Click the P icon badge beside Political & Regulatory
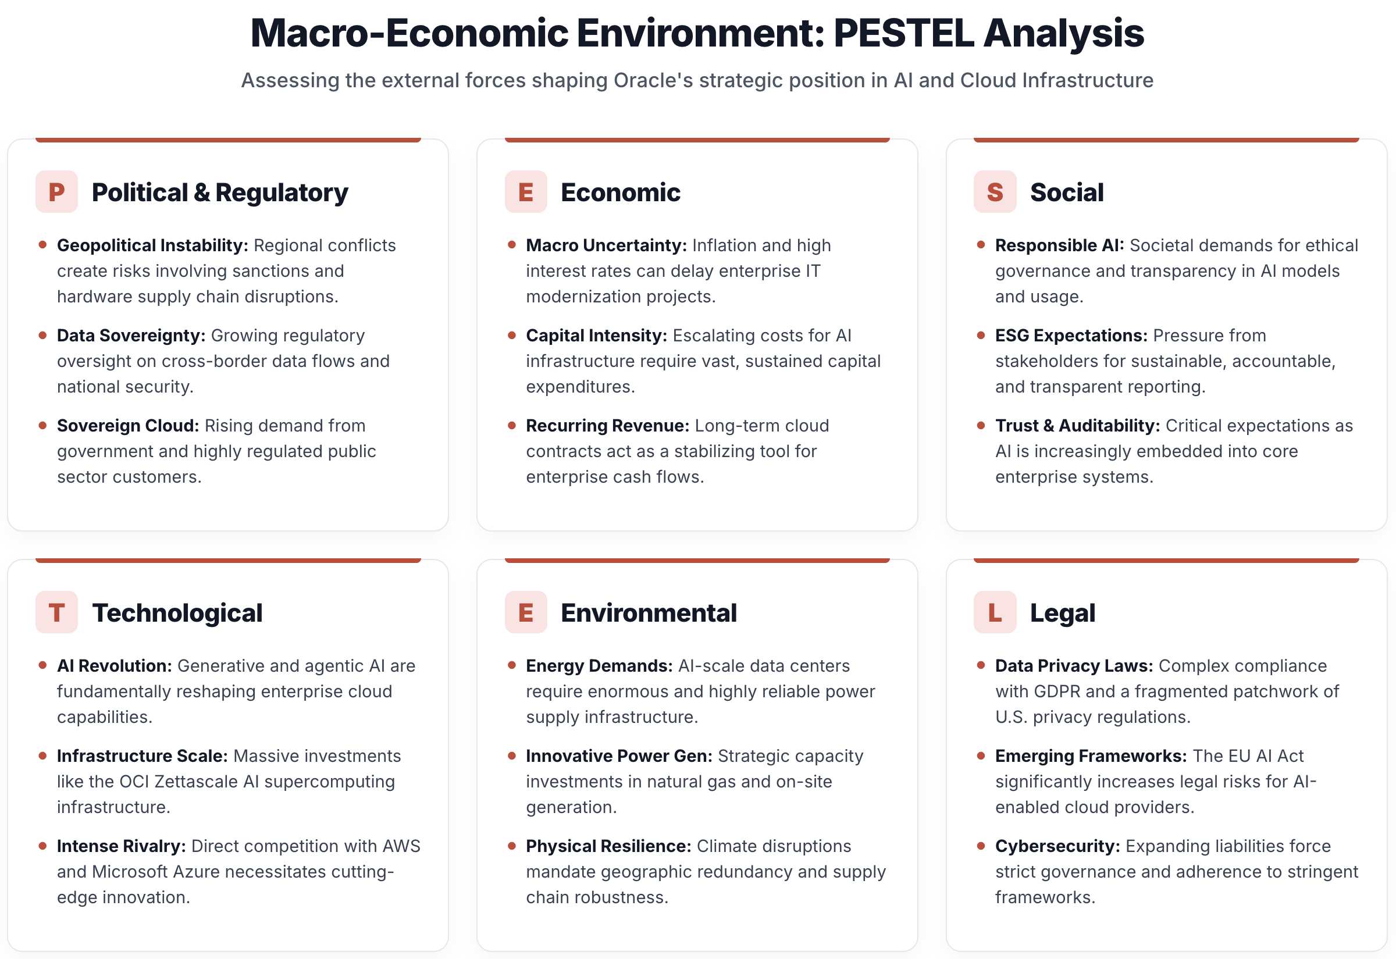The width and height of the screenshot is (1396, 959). (56, 192)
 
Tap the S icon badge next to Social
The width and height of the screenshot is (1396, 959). (995, 192)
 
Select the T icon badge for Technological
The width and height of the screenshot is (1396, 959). (56, 612)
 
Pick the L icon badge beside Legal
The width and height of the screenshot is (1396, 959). (995, 612)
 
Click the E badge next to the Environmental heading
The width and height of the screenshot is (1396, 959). (525, 612)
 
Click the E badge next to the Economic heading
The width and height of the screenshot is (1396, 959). (525, 192)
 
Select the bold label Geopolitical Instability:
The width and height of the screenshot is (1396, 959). (152, 245)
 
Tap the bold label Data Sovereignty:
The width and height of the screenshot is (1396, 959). (131, 336)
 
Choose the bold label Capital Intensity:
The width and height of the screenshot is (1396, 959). (596, 336)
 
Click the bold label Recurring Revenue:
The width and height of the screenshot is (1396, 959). (607, 426)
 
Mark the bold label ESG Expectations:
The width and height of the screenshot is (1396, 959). (1071, 336)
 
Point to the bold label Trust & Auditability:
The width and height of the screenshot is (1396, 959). (1077, 426)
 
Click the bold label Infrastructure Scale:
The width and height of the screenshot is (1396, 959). (142, 756)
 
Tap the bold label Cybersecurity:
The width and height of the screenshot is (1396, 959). (1057, 846)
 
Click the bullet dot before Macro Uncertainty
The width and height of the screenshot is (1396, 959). (511, 245)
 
